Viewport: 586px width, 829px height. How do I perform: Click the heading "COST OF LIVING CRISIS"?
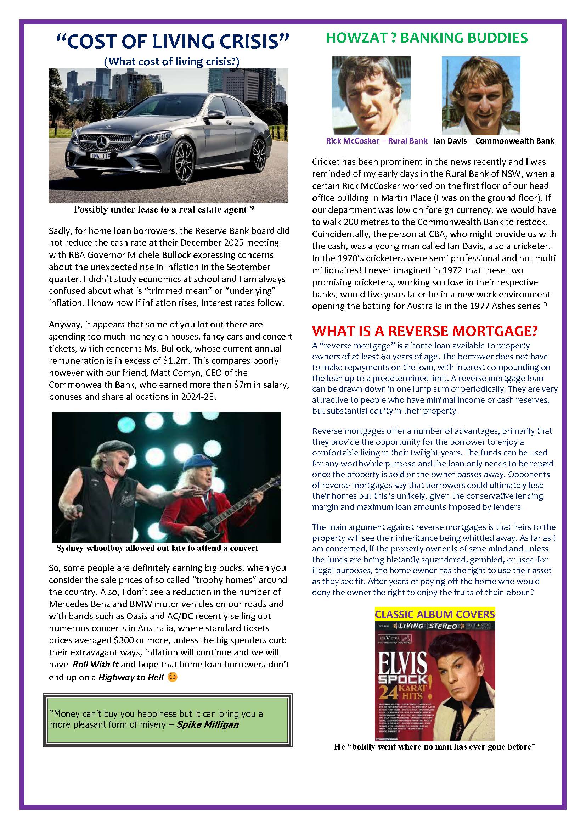pos(173,42)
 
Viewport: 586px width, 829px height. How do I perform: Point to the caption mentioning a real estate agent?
pos(164,210)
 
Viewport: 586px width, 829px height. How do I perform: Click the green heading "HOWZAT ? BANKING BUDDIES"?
pos(427,38)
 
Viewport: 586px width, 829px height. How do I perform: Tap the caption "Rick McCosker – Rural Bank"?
pos(376,141)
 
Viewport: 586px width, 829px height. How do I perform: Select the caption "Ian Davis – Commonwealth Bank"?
pos(494,141)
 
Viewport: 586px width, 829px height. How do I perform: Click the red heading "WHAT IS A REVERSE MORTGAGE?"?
pos(425,331)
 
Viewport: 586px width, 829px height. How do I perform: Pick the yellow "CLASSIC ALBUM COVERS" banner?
pos(435,614)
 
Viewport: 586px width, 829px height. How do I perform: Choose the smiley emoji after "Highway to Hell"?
pos(173,677)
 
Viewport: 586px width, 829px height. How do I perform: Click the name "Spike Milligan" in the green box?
pos(208,725)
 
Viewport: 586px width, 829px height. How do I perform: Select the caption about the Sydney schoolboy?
pos(157,548)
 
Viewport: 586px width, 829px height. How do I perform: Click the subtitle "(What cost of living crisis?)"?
pos(171,61)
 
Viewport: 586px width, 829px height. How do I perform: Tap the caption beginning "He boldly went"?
pos(434,747)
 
